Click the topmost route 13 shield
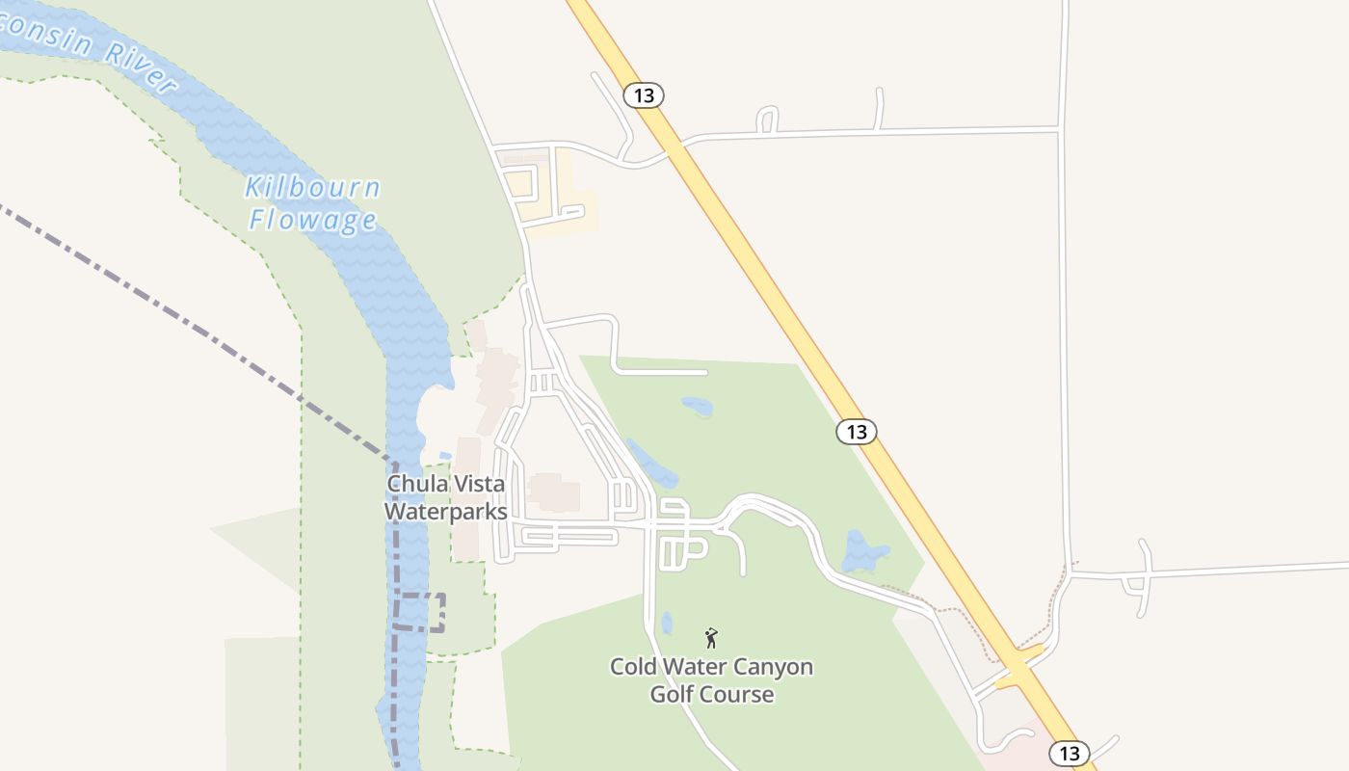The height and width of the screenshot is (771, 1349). click(644, 95)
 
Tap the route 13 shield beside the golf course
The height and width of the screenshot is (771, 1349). click(856, 431)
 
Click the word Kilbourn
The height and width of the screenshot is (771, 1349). click(312, 188)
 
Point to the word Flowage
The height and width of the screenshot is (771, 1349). click(312, 220)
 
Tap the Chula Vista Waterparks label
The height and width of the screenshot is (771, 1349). click(445, 497)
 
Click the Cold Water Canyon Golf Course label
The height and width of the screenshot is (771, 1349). click(711, 680)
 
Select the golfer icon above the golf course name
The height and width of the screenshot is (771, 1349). click(711, 637)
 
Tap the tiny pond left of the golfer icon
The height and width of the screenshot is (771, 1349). click(667, 623)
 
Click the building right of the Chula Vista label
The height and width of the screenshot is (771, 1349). click(553, 492)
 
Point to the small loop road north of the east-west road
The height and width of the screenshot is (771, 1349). click(767, 120)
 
